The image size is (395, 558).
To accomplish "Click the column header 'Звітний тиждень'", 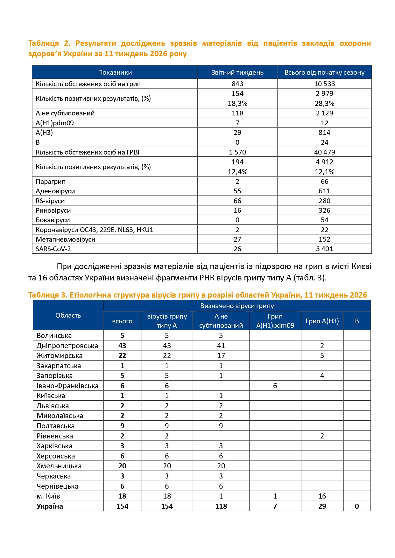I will pyautogui.click(x=237, y=72).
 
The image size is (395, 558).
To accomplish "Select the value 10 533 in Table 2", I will pyautogui.click(x=324, y=84).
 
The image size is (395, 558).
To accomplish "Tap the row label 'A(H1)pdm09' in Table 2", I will pyautogui.click(x=55, y=123).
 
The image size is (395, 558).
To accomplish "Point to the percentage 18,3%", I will pyautogui.click(x=237, y=103).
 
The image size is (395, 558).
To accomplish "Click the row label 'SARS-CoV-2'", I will pyautogui.click(x=53, y=249).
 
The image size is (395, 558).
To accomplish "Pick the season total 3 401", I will pyautogui.click(x=324, y=249).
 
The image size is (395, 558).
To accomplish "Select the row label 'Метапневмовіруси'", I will pyautogui.click(x=66, y=239).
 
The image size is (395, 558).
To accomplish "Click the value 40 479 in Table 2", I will pyautogui.click(x=324, y=152).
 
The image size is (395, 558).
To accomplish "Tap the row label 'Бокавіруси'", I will pyautogui.click(x=53, y=220).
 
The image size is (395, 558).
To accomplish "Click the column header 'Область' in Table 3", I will pyautogui.click(x=68, y=315).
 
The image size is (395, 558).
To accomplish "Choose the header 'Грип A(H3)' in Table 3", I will pyautogui.click(x=322, y=321).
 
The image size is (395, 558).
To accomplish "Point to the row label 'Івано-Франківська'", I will pyautogui.click(x=67, y=386).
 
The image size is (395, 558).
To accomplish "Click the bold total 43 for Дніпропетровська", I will pyautogui.click(x=122, y=346).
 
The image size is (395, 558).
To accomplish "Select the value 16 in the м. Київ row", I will pyautogui.click(x=322, y=496).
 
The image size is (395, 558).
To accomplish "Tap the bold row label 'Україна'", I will pyautogui.click(x=50, y=506).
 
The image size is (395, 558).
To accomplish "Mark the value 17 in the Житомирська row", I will pyautogui.click(x=221, y=356).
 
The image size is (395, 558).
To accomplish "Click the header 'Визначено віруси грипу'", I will pyautogui.click(x=237, y=306).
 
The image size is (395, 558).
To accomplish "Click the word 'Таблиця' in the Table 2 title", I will pyautogui.click(x=44, y=43).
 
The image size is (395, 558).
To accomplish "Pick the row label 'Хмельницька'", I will pyautogui.click(x=59, y=466).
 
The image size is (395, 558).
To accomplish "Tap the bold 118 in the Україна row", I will pyautogui.click(x=221, y=506).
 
